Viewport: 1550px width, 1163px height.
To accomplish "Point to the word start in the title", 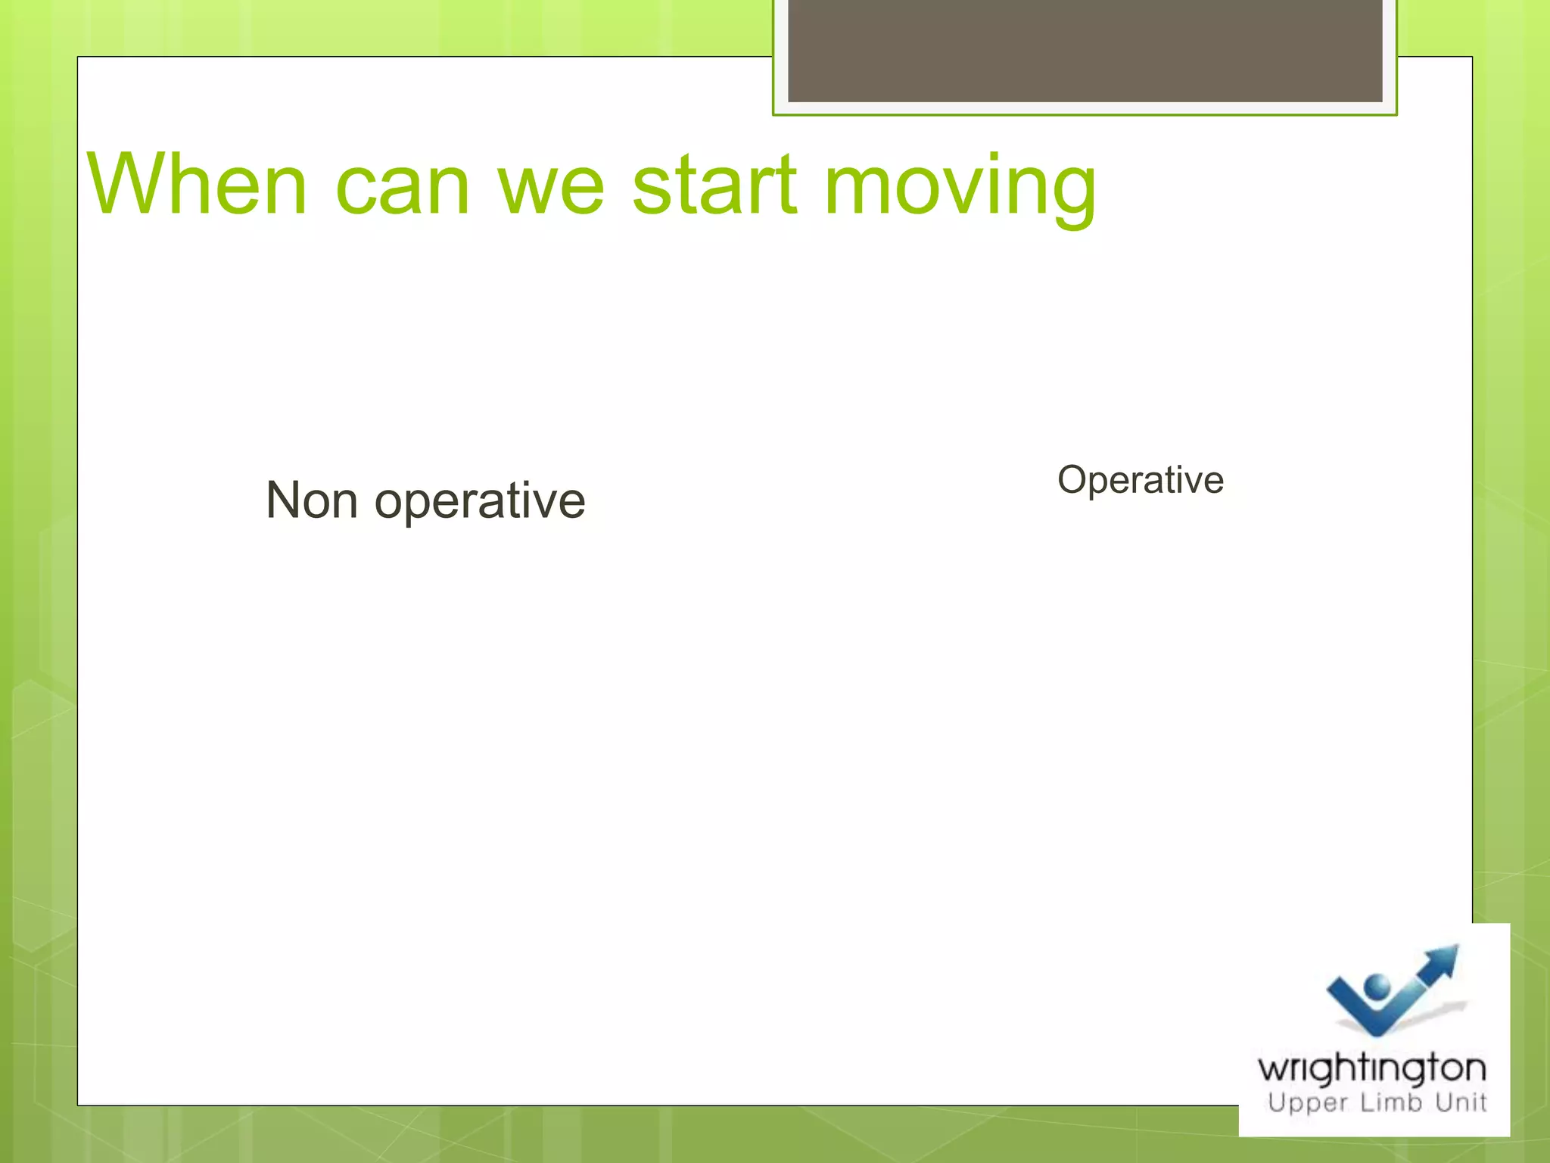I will coord(714,184).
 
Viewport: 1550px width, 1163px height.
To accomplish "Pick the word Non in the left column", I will coord(311,500).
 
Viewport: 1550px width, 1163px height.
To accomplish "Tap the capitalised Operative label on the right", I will coord(1140,480).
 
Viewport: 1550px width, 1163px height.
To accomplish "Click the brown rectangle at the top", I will coord(1085,50).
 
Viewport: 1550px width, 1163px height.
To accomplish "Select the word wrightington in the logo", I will coord(1371,1069).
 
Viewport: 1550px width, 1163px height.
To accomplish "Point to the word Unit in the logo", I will coord(1461,1102).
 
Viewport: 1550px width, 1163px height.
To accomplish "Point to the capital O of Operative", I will coord(1074,480).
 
